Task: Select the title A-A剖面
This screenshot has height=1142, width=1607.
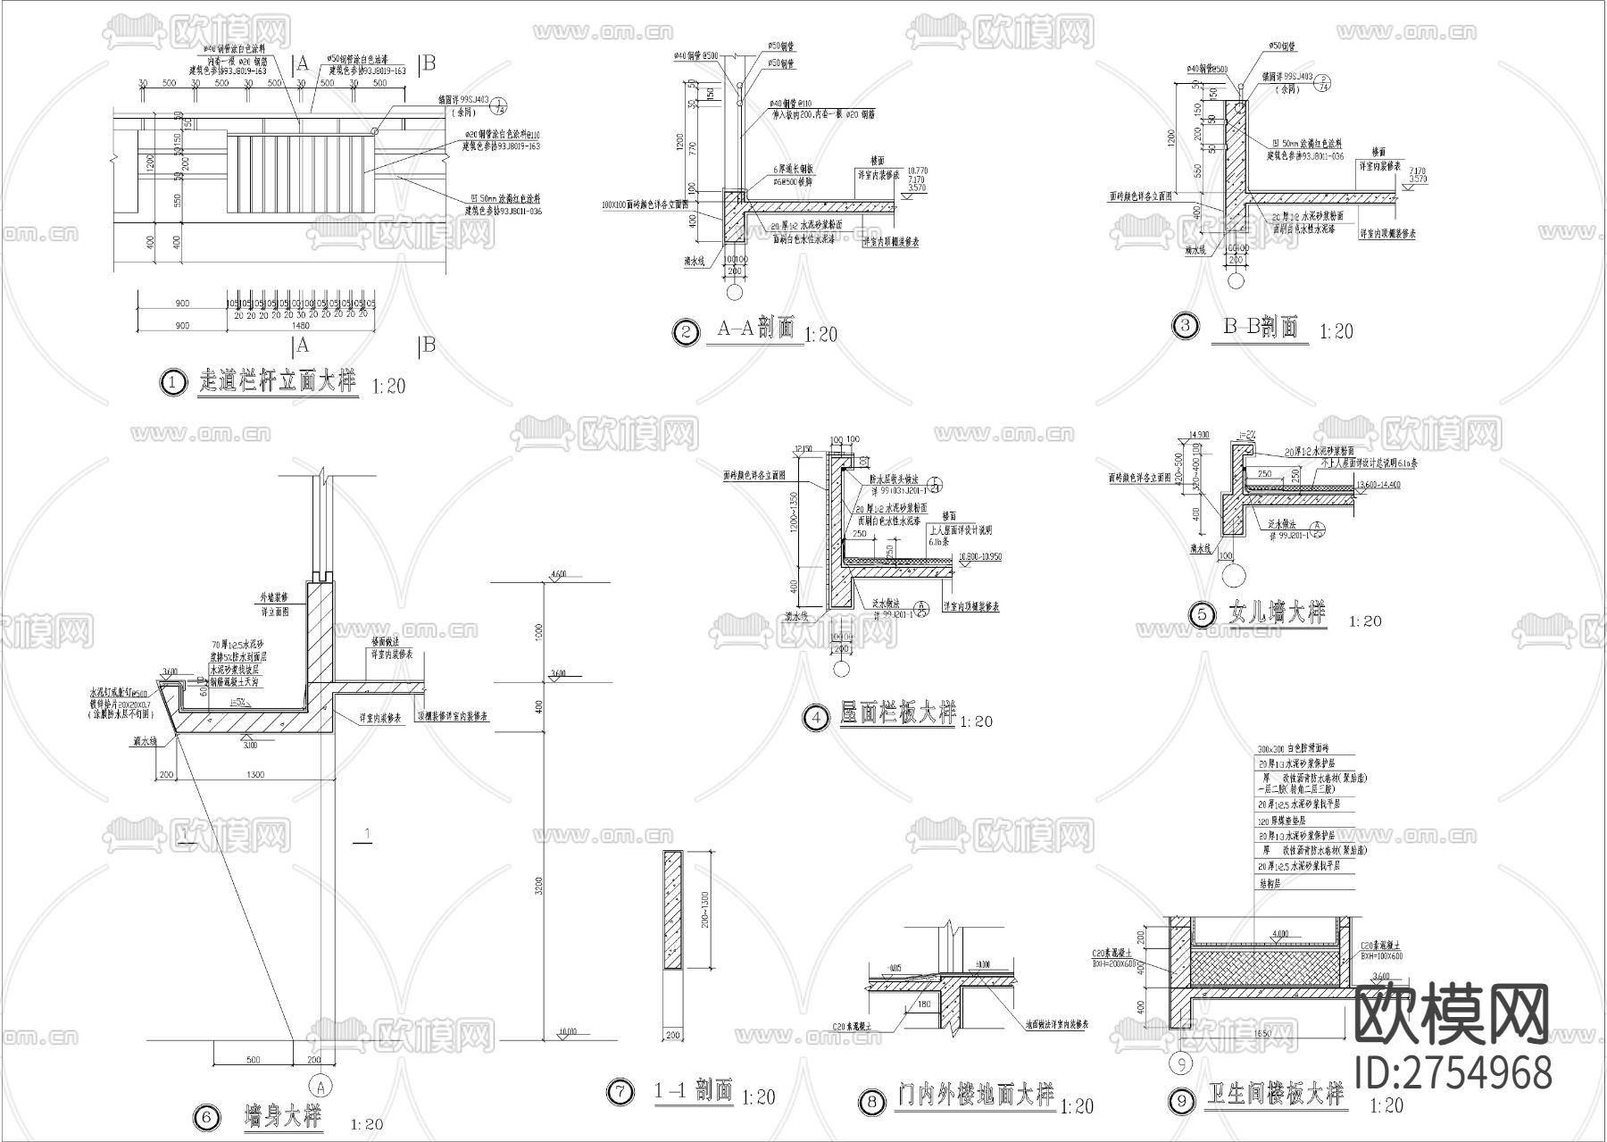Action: tap(756, 329)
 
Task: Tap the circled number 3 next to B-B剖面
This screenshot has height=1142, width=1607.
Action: tap(1185, 325)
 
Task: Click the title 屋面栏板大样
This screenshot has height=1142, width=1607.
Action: tap(898, 714)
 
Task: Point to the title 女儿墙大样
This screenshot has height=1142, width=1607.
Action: tap(1278, 613)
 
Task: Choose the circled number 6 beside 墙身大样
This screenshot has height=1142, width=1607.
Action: tap(204, 1117)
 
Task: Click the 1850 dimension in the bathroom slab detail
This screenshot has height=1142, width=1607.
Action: tap(1261, 1033)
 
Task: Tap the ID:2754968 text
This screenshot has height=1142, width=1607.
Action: tap(1453, 1072)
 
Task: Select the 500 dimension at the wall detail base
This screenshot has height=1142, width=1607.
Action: tap(253, 1060)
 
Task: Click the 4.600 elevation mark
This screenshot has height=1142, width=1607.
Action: tap(560, 573)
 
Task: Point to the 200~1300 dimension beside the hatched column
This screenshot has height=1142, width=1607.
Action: tap(705, 909)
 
